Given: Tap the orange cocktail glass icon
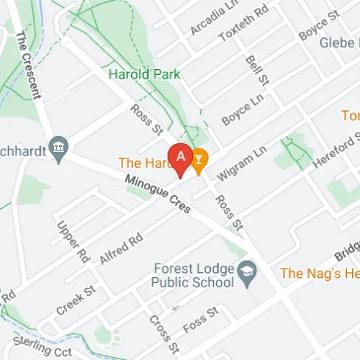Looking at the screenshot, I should tap(199, 158).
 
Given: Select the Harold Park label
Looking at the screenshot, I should tap(144, 74).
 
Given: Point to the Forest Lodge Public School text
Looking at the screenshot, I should tap(194, 276).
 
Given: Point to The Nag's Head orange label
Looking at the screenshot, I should tap(319, 273).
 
